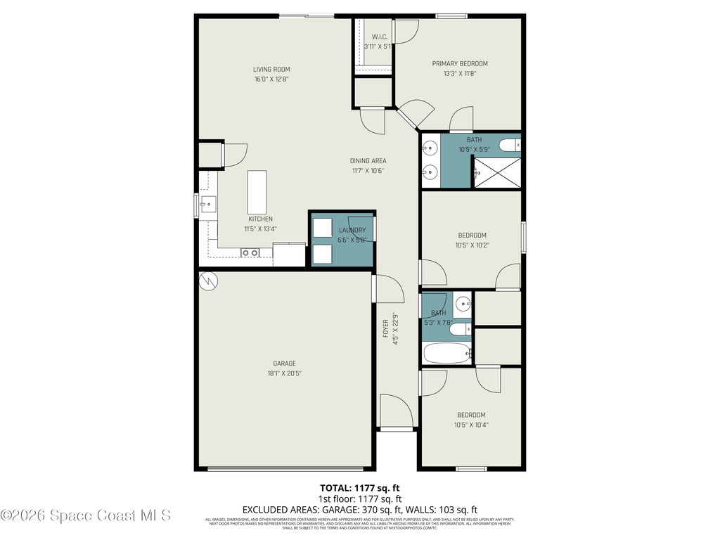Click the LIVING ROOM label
coord(271,70)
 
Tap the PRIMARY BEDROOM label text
coord(459,64)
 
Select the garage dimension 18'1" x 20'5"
coord(284,374)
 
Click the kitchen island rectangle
coord(257,192)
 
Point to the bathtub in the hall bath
coord(447,353)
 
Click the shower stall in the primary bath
coord(497,172)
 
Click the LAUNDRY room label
coord(352,230)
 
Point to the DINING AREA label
coord(368,161)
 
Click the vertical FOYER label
coord(385,329)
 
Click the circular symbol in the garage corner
coord(209,282)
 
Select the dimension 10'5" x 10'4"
coord(470,425)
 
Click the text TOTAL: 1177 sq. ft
coord(360,487)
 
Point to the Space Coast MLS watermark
coord(86,515)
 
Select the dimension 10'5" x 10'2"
coord(472,245)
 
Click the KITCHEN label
coord(260,219)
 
